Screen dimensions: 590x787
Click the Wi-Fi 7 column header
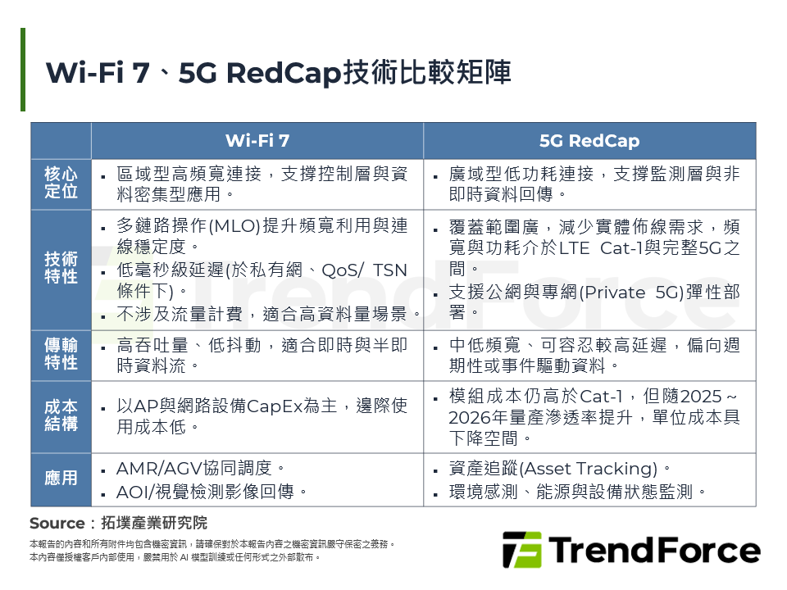[x=257, y=141]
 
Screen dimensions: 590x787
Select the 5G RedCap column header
[x=589, y=141]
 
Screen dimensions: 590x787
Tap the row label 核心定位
[x=61, y=184]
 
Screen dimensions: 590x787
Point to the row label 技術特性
[x=61, y=268]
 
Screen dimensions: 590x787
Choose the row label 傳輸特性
[x=61, y=355]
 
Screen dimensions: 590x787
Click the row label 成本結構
[x=61, y=416]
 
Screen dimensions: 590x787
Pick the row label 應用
[x=61, y=479]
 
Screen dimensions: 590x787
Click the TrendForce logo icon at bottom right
[x=521, y=550]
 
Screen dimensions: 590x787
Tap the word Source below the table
[x=57, y=524]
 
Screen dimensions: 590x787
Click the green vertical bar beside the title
[x=23, y=70]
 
